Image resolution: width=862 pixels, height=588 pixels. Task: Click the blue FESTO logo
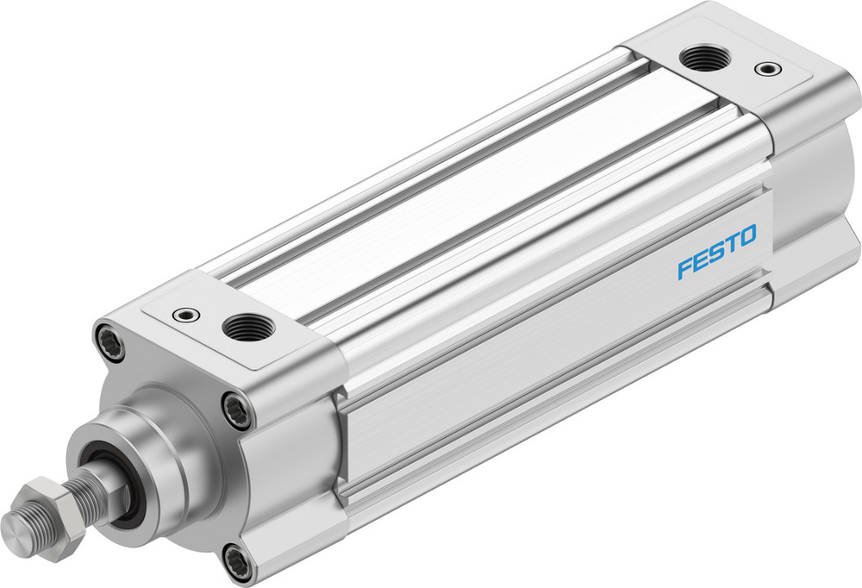pos(716,252)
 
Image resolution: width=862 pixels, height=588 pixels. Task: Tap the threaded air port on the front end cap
pos(248,327)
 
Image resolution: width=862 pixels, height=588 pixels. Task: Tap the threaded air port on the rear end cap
pos(704,59)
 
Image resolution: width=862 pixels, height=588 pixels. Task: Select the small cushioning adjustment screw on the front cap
pos(185,315)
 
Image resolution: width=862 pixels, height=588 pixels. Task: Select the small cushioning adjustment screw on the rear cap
pos(764,68)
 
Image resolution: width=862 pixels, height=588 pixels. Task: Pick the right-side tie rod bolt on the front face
pos(237,409)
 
